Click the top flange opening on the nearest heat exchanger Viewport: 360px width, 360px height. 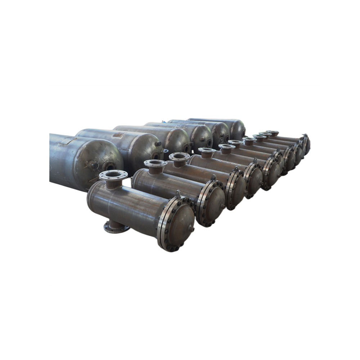pos(113,175)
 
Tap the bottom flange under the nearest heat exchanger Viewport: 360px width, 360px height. pos(116,227)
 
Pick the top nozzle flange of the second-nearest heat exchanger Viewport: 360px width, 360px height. pos(156,163)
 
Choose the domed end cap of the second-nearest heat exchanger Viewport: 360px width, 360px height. pos(214,204)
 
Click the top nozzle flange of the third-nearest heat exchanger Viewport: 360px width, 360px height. pos(179,156)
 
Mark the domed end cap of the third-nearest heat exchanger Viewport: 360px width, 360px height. pos(238,189)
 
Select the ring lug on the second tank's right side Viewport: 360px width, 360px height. pos(165,151)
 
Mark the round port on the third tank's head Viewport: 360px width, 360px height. pos(186,148)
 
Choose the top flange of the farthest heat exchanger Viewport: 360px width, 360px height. pos(273,132)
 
